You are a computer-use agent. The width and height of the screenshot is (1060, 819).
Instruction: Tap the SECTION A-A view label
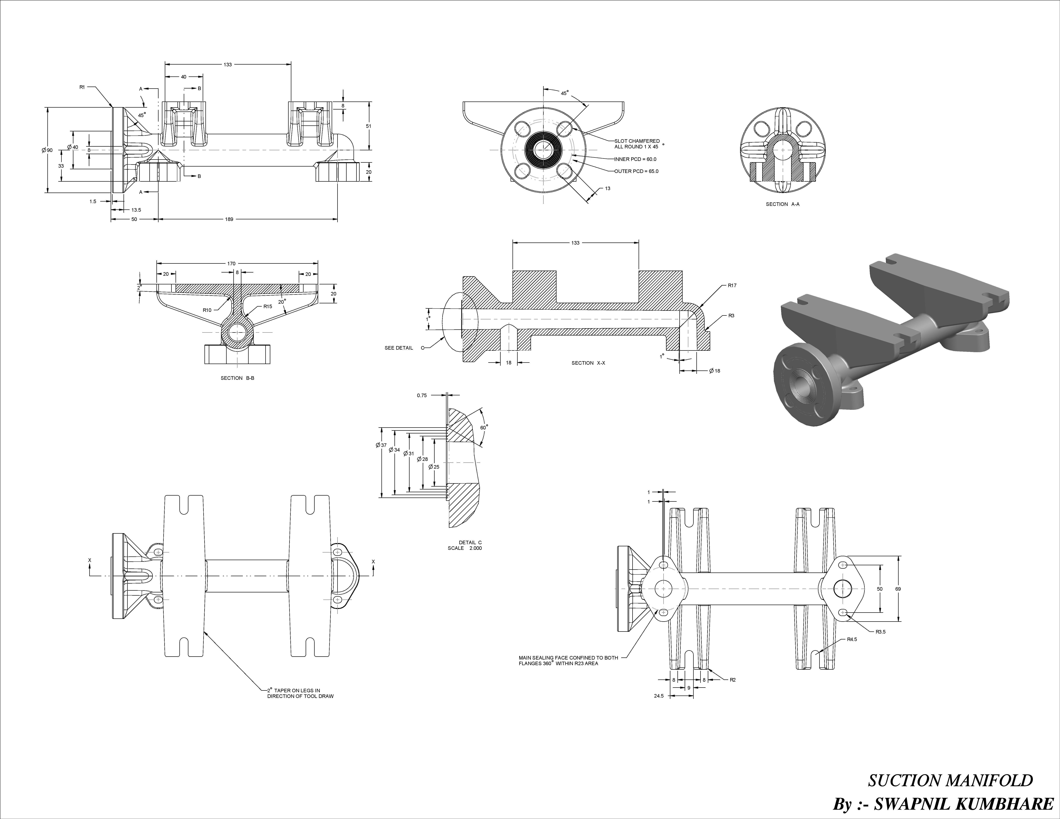(x=782, y=204)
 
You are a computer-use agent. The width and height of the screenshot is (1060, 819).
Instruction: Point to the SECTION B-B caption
(x=237, y=378)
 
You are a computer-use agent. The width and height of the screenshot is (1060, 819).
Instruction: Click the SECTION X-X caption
(x=588, y=363)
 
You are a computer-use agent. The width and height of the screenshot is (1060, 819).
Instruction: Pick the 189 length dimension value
(x=229, y=219)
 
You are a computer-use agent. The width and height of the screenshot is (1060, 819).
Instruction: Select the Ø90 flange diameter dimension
(x=47, y=150)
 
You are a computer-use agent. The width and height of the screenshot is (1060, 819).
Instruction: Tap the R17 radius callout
(x=732, y=286)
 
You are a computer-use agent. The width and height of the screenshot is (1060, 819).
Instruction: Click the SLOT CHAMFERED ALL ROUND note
(x=637, y=144)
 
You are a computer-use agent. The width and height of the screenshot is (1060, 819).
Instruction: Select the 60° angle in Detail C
(x=483, y=427)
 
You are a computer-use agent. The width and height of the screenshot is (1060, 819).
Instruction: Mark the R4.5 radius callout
(x=852, y=639)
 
